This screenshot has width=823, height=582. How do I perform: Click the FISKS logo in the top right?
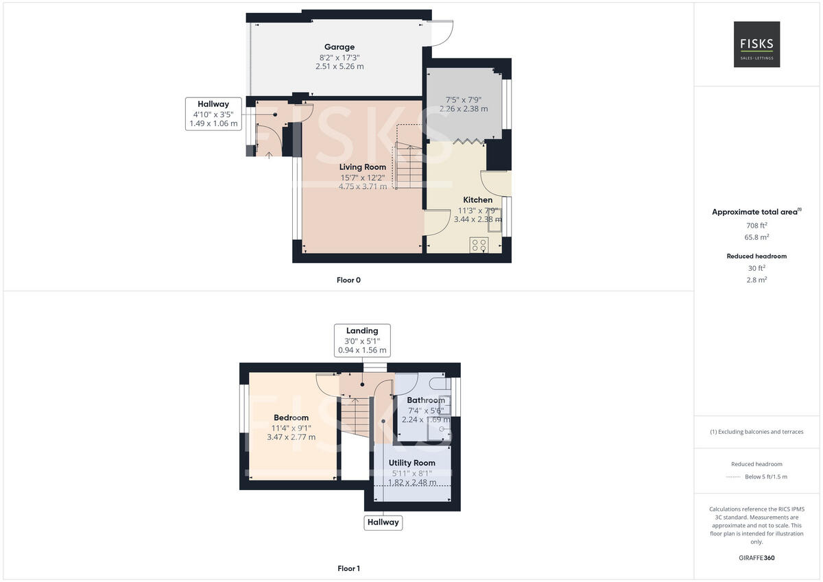(x=756, y=44)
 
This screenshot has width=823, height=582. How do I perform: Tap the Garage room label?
(x=339, y=47)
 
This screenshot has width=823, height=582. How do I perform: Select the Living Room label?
(x=363, y=167)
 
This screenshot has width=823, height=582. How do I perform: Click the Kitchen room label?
(x=477, y=200)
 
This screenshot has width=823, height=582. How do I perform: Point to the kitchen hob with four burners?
(x=479, y=245)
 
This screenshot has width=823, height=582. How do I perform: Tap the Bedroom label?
(x=291, y=417)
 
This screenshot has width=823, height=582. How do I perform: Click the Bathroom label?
(x=426, y=400)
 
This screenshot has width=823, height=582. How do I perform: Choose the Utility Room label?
(x=412, y=463)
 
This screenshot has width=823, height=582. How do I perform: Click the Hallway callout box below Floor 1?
(x=383, y=522)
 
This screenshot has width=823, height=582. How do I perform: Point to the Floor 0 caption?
(x=348, y=280)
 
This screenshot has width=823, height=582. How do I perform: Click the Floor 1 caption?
(x=348, y=568)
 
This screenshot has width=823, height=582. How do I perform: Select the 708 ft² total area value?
(x=756, y=225)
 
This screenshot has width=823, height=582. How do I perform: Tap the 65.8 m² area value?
(x=756, y=237)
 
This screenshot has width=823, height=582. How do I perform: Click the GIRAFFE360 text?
(x=756, y=558)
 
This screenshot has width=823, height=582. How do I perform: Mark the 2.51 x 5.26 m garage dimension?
(x=339, y=66)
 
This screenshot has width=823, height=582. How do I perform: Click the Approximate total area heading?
(x=755, y=212)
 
